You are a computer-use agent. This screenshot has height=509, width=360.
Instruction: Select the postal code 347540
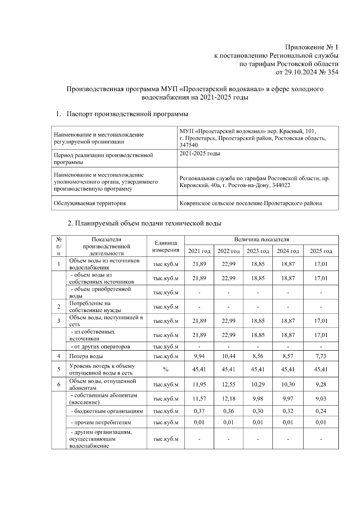point(188,145)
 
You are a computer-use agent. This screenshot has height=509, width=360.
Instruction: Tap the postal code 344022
point(281,185)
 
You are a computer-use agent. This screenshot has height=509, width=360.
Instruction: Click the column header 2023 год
point(258,251)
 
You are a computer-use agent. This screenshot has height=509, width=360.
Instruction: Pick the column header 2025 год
point(321,251)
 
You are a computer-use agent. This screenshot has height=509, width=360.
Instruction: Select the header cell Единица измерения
point(166,246)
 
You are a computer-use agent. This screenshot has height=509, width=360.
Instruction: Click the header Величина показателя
point(261,240)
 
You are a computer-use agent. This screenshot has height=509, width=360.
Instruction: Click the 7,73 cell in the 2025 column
point(321,356)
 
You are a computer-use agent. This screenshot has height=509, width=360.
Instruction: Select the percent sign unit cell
point(166,369)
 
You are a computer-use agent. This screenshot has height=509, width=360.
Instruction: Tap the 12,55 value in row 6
point(228,384)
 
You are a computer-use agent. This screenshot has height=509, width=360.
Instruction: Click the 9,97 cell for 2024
point(288,399)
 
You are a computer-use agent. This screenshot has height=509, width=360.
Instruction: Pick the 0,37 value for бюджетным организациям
point(199,411)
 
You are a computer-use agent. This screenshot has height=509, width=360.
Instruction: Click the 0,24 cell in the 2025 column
point(321,411)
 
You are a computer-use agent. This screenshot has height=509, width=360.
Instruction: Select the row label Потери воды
point(86,356)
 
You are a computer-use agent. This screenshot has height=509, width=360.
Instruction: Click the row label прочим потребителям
point(101,423)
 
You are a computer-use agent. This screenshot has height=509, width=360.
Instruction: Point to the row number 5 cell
point(59,369)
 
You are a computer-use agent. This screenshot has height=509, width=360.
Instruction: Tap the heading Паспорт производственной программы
point(127,114)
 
